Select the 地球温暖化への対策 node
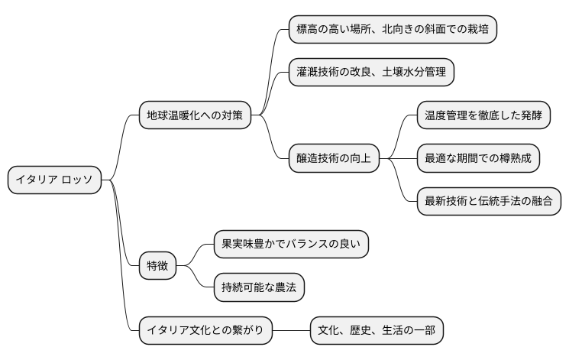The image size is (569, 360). (x=195, y=116)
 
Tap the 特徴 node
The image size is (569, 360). (x=157, y=266)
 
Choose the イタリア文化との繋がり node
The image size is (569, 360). (x=204, y=329)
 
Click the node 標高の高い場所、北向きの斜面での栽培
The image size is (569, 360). (x=393, y=30)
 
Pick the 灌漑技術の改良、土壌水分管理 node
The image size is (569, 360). (x=375, y=73)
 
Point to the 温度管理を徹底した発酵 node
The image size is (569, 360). (x=483, y=116)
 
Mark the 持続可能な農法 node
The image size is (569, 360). (x=257, y=287)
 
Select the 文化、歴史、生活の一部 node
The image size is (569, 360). (x=377, y=329)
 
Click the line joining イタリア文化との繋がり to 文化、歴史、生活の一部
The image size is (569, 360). (x=291, y=329)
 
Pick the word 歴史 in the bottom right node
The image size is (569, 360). (x=366, y=329)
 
